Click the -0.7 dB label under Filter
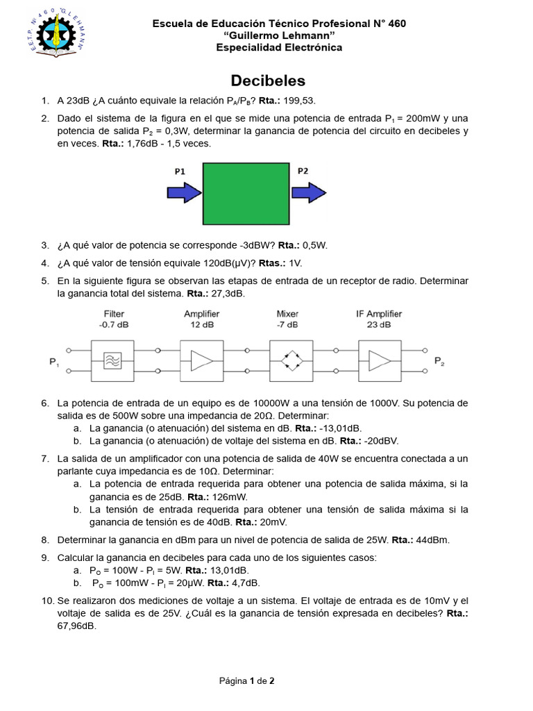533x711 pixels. [114, 324]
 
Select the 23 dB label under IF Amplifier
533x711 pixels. [379, 324]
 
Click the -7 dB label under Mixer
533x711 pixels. [287, 324]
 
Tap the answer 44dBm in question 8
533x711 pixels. [436, 539]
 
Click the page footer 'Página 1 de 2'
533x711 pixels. [246, 680]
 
